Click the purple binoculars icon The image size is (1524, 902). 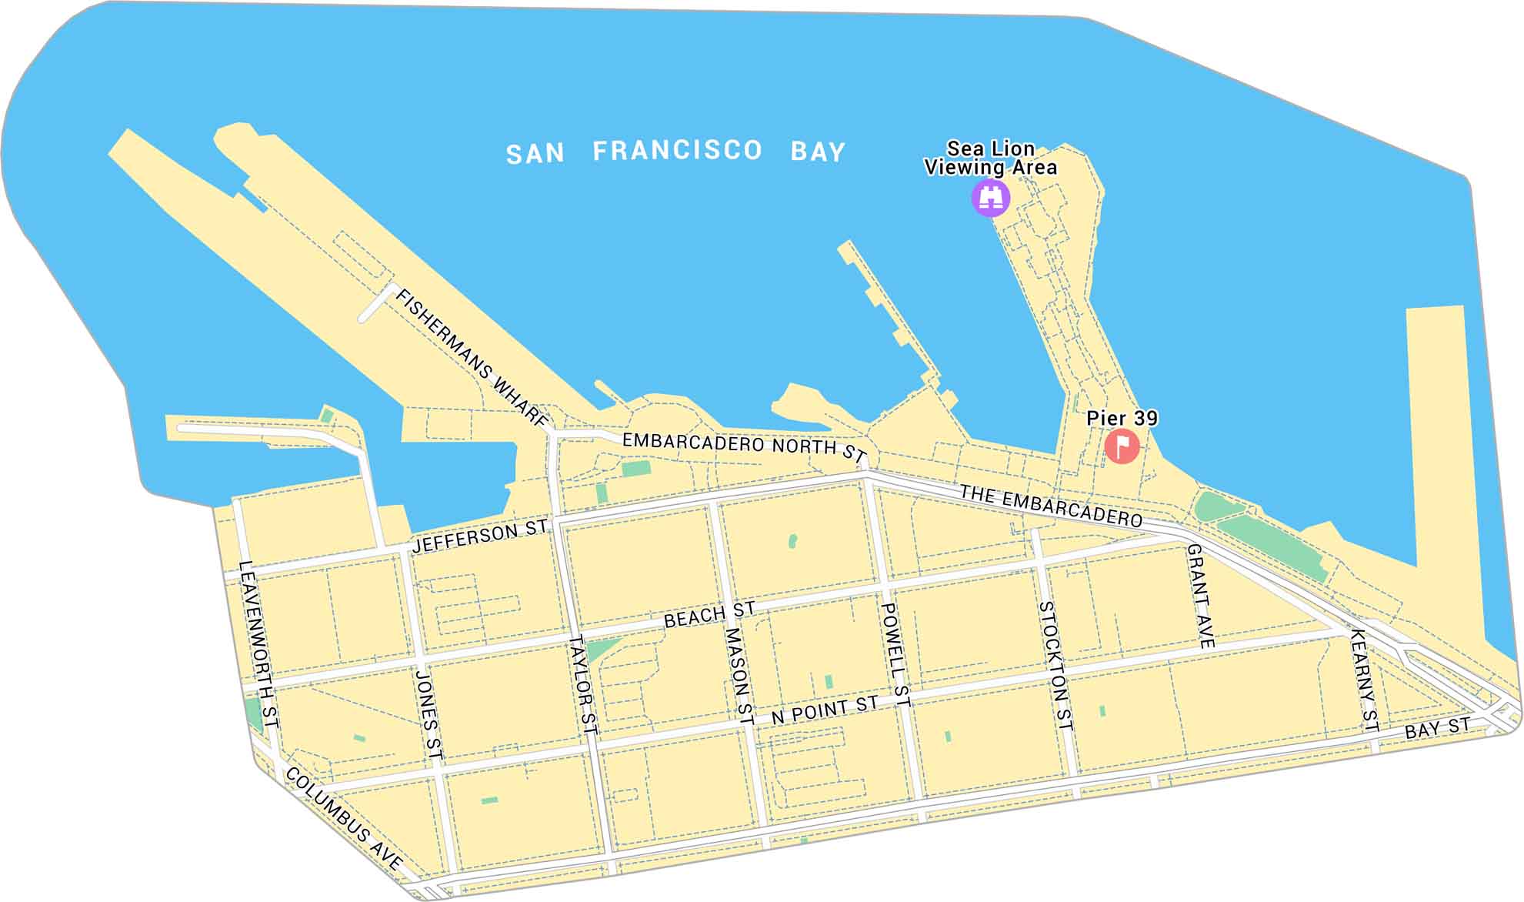point(991,198)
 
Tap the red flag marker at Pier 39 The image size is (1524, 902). point(1122,446)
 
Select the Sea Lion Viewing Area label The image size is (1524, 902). point(990,158)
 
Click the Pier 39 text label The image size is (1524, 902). point(1122,418)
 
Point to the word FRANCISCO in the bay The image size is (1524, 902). point(677,150)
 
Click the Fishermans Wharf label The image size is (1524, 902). point(472,359)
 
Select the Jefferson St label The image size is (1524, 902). point(480,535)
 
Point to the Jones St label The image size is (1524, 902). point(429,715)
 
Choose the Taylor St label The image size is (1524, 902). point(583,684)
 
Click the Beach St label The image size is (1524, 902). point(709,615)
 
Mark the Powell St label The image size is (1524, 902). point(895,655)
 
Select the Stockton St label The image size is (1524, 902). point(1055,666)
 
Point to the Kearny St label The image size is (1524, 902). point(1363,680)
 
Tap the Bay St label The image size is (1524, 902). point(1437,727)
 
